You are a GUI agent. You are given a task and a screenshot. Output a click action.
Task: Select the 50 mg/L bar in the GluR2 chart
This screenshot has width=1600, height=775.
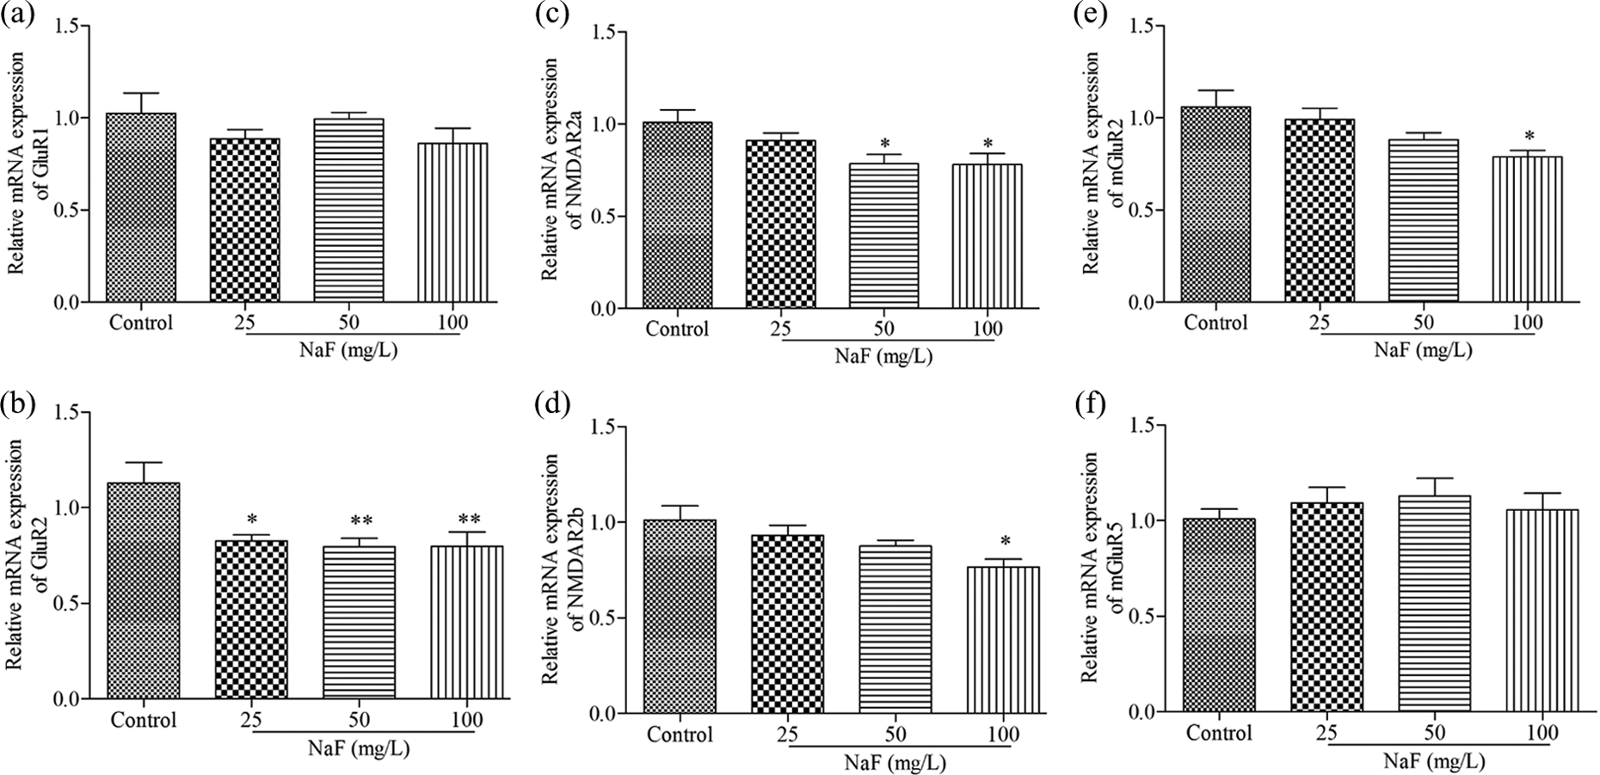click(x=360, y=622)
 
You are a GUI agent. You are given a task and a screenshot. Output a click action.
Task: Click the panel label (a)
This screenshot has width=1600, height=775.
click(x=19, y=15)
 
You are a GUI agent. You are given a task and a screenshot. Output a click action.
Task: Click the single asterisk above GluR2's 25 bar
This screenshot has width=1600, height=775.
click(x=252, y=520)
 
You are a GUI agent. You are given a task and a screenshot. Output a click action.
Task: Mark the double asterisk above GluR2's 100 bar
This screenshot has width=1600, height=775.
click(x=468, y=520)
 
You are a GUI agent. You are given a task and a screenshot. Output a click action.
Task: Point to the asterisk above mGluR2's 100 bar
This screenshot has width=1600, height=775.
click(x=1529, y=136)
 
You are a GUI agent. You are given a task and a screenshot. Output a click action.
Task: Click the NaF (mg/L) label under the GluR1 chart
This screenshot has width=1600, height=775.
click(x=354, y=352)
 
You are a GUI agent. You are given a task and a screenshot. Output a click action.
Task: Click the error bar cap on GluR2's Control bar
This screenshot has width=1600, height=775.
click(x=142, y=462)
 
